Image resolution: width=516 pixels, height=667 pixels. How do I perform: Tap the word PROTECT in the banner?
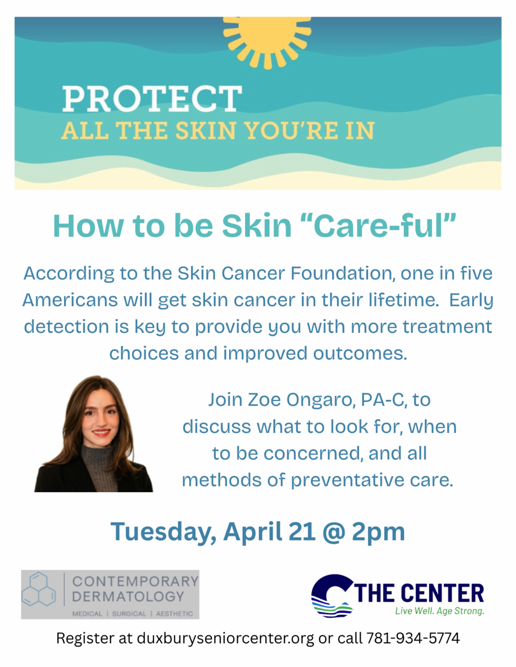click(x=152, y=99)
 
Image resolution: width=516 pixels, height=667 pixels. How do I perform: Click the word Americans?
click(x=70, y=300)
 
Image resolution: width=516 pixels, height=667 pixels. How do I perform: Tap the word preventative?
click(x=347, y=480)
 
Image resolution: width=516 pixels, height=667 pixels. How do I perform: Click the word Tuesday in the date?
click(x=163, y=532)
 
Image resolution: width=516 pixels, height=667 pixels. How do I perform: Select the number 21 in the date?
click(x=302, y=532)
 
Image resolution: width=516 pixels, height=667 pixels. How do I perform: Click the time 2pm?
click(x=378, y=532)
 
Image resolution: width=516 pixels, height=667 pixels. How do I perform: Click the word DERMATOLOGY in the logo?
click(x=128, y=597)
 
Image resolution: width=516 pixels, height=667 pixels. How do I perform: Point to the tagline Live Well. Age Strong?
click(x=439, y=611)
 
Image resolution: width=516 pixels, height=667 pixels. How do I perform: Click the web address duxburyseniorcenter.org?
click(x=225, y=638)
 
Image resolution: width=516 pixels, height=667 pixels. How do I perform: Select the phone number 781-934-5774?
click(x=413, y=638)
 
